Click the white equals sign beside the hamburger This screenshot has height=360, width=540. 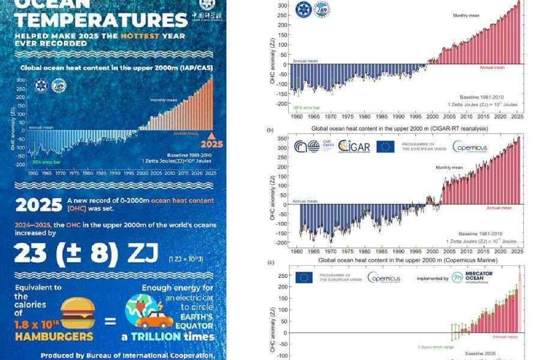(x=110, y=322)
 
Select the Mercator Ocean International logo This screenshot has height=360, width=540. (x=475, y=278)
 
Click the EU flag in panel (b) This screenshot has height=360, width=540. (x=385, y=146)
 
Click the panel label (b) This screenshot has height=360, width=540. (x=271, y=130)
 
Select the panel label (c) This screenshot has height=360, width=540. (x=271, y=262)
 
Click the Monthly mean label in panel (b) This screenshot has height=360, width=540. (x=449, y=167)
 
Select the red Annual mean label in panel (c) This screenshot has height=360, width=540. (x=505, y=337)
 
